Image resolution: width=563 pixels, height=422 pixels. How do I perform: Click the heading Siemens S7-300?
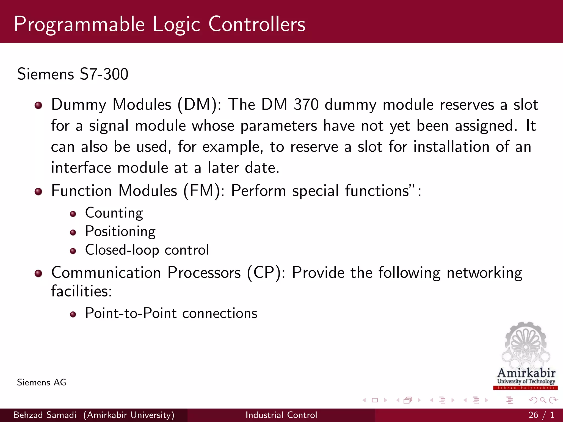coord(73,74)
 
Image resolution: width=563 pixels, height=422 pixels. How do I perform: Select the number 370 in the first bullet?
coord(306,105)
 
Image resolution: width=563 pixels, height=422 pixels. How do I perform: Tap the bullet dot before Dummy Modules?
coord(38,105)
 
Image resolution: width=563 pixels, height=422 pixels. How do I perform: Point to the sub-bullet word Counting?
coord(114,213)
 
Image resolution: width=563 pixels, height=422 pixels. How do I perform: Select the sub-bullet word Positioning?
coord(120,231)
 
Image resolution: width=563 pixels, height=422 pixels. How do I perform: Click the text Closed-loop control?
coord(147,250)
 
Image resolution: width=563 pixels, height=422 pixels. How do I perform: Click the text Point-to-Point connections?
coord(171,313)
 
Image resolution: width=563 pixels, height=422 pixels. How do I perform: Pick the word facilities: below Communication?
coord(81,291)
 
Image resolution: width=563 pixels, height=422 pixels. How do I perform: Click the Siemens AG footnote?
coord(42,382)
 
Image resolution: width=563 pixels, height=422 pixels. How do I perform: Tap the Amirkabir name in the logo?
coord(526,373)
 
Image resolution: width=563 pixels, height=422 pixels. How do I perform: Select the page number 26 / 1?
coord(541,415)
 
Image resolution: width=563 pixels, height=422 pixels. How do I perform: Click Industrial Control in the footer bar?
coord(281,415)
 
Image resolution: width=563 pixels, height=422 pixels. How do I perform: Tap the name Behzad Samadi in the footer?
coord(45,415)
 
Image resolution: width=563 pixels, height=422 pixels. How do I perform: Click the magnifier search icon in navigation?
coord(543,400)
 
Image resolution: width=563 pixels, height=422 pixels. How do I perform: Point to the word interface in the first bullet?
coord(81,168)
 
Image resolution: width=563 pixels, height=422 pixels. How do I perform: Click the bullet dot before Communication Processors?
coord(38,273)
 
